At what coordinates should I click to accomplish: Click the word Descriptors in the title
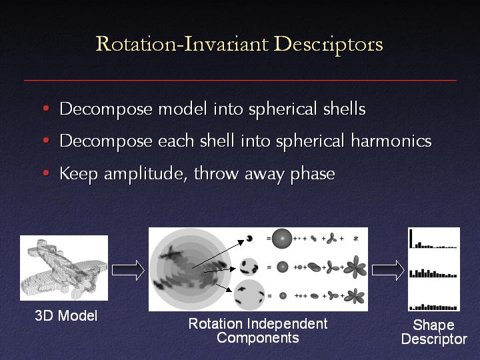tap(328, 45)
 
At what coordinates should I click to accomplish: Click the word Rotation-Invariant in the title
tap(182, 43)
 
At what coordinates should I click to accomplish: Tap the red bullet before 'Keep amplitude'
tap(46, 173)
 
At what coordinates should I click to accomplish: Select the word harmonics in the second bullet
tap(391, 141)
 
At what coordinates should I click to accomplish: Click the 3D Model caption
tap(66, 315)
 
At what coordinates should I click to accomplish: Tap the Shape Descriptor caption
tap(434, 332)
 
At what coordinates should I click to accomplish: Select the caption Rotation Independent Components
tap(258, 331)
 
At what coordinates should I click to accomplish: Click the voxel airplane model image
tap(64, 268)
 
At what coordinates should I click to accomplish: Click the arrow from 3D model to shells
tap(128, 270)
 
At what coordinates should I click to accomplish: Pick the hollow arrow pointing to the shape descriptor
tap(388, 270)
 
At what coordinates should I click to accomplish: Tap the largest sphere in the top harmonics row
tap(281, 238)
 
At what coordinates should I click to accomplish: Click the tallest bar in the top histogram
tap(411, 238)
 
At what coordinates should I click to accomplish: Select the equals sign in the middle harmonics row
tap(269, 267)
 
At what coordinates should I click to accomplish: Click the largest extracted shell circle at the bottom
tap(249, 295)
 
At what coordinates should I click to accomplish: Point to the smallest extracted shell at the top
tap(249, 238)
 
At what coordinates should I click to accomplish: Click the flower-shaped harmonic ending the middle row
tap(355, 267)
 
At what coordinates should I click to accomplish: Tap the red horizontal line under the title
tap(240, 80)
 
